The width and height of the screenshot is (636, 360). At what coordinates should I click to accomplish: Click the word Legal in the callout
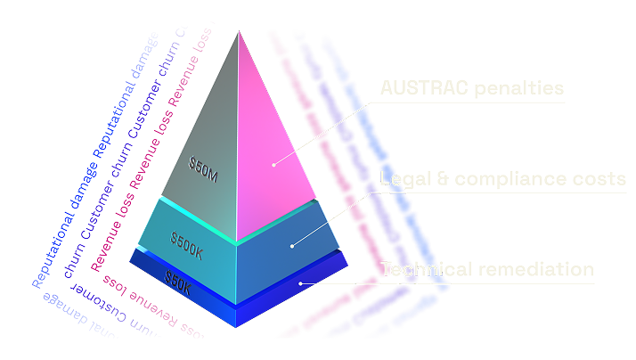[404, 179]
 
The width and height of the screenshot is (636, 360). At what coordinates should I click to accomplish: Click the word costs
[599, 179]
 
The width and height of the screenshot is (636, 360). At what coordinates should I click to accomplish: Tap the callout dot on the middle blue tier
[291, 242]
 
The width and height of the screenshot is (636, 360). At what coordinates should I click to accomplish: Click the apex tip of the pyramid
[238, 31]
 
